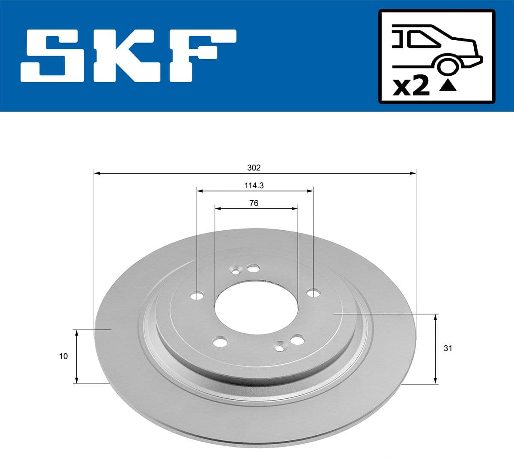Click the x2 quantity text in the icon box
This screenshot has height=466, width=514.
[411, 87]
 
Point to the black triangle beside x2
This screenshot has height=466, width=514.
[448, 86]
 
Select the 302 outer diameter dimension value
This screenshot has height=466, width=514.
[254, 168]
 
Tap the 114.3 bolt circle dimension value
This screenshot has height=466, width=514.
[254, 186]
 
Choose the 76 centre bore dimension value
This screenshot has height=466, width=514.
[254, 203]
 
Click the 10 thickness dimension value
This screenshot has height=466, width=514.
[63, 356]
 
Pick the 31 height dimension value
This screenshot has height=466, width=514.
[448, 348]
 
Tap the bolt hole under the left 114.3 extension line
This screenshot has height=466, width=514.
[197, 297]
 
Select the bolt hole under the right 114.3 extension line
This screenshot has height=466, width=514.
[314, 293]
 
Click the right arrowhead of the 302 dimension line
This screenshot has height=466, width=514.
[413, 173]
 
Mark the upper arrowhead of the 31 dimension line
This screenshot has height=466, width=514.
[436, 317]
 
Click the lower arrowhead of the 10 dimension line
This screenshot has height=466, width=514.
[77, 380]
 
